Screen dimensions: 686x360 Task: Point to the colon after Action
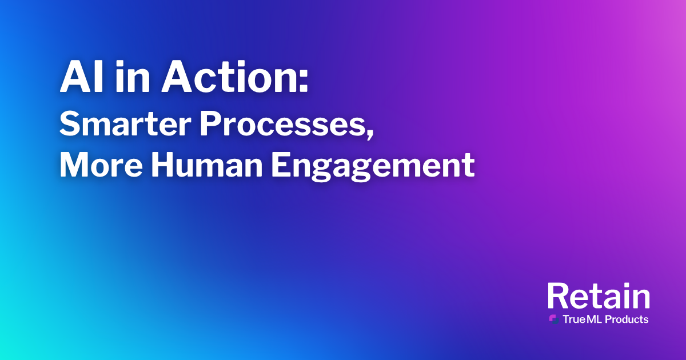pos(303,81)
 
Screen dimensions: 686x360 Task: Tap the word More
pos(101,165)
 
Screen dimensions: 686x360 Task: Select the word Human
pos(207,165)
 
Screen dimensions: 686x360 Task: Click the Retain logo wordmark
pos(599,295)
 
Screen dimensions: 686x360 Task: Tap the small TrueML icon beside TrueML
pos(554,319)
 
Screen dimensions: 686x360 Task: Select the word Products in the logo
pos(627,319)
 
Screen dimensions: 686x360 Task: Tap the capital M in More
pos(75,165)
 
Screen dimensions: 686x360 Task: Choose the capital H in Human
pos(164,165)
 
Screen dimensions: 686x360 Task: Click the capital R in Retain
pos(559,295)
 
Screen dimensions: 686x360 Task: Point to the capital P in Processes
pos(211,124)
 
